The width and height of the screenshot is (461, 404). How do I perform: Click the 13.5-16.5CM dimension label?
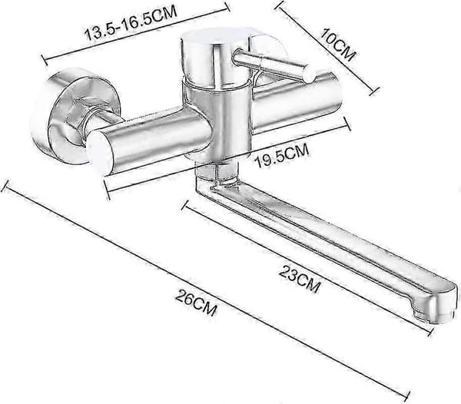click(x=131, y=24)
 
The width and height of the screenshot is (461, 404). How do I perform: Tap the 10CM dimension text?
click(x=338, y=44)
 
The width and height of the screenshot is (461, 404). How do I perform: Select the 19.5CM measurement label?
click(x=283, y=155)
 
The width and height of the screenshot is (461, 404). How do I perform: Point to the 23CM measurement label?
click(x=300, y=279)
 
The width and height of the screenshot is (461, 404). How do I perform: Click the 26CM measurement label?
click(x=197, y=302)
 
